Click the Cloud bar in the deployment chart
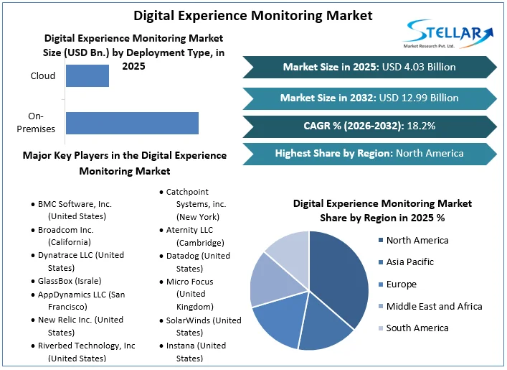tap(87, 75)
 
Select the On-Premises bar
tap(132, 123)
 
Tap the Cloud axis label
tap(43, 75)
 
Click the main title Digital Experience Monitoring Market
tap(253, 15)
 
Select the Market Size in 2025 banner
tap(369, 67)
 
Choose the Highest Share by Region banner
tap(369, 153)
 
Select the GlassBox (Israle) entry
tap(70, 281)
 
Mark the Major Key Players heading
tap(124, 163)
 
